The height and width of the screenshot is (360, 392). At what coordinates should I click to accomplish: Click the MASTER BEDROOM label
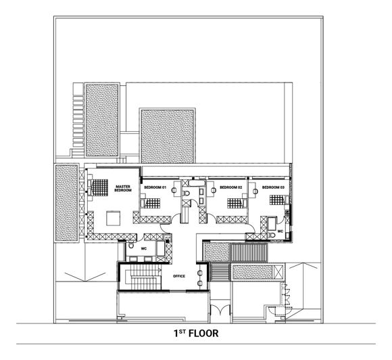[122, 189]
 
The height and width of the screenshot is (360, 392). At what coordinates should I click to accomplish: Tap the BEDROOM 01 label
[155, 187]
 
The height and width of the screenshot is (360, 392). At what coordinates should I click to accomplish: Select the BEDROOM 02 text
[230, 187]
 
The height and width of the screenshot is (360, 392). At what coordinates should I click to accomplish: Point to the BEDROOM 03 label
[273, 187]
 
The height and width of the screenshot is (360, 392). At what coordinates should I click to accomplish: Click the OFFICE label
[179, 276]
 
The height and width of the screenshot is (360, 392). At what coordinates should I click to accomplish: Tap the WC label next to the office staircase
[143, 249]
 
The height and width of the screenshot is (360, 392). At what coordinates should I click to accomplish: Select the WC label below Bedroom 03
[280, 231]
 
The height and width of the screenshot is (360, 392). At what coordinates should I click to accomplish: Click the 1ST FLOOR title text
[196, 334]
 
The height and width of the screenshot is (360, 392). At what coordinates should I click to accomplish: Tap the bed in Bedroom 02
[236, 200]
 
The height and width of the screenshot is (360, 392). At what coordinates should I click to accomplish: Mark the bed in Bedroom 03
[277, 199]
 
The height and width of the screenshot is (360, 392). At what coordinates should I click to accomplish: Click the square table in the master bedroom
[112, 217]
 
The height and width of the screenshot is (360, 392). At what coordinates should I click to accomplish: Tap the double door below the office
[221, 311]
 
